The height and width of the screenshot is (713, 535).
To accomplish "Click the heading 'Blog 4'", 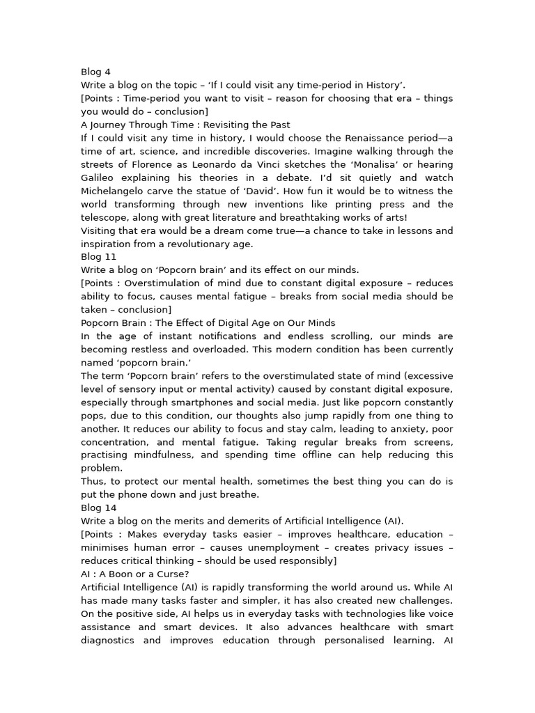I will pos(95,72).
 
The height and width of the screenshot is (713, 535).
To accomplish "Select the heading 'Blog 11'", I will pos(98,257).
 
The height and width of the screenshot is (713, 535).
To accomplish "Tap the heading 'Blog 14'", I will pos(98,508).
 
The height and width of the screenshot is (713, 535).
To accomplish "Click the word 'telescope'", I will pos(104,217).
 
